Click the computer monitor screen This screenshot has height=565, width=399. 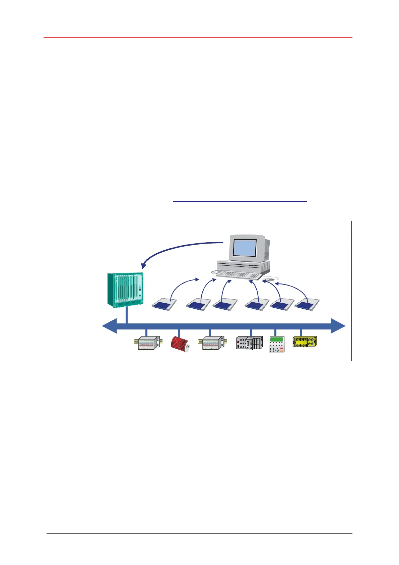(245, 248)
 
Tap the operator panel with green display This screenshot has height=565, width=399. (277, 344)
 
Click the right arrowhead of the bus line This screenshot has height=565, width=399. (338, 326)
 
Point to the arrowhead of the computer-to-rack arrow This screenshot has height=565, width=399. (143, 266)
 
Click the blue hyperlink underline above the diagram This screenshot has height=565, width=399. (240, 201)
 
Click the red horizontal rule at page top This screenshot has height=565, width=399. (198, 37)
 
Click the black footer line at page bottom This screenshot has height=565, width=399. (199, 534)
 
